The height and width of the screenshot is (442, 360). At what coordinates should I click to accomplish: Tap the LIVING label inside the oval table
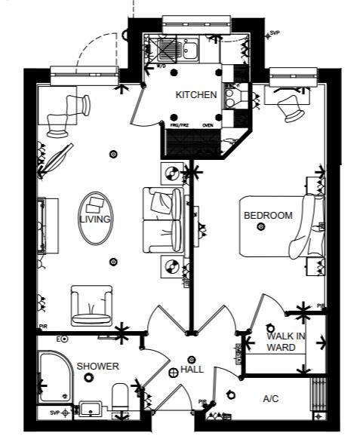(95, 219)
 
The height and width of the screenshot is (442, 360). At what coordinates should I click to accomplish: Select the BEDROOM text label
(267, 216)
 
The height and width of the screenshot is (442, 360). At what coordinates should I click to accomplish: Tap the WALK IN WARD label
(286, 342)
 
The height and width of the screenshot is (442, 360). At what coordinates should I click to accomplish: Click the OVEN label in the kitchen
(208, 125)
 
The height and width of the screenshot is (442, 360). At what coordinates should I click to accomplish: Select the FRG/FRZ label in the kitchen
(180, 125)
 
